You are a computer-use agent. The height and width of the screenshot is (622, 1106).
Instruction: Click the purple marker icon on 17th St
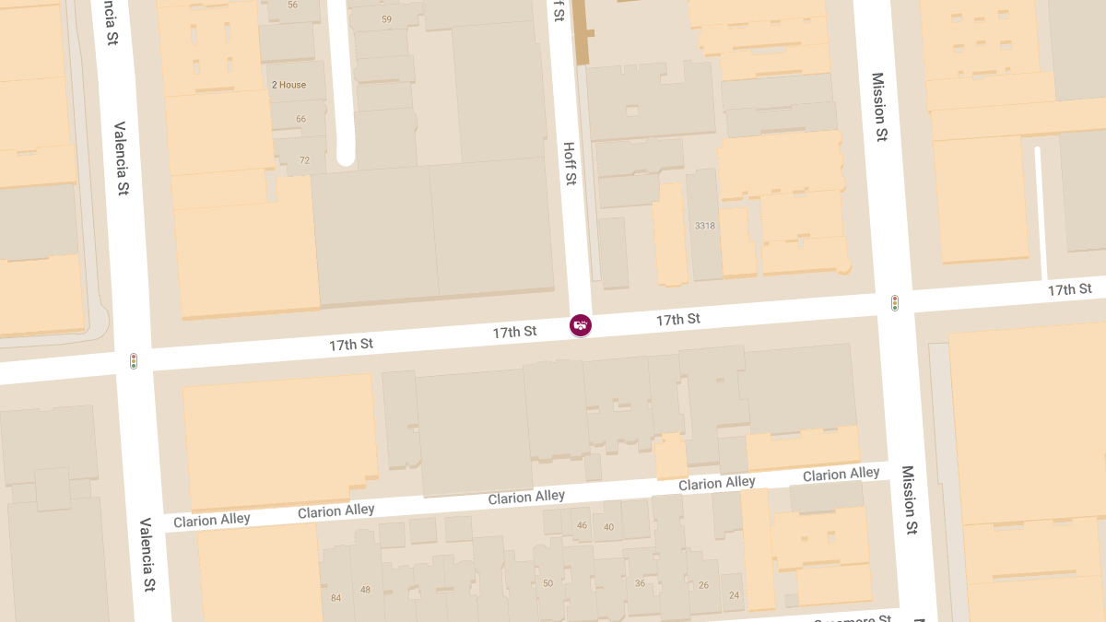tap(580, 324)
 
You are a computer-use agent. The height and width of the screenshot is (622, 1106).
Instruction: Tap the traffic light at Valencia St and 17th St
tap(134, 361)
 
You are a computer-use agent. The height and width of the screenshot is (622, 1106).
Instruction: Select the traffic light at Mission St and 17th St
tap(894, 302)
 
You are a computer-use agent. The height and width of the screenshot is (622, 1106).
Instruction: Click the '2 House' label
tap(288, 85)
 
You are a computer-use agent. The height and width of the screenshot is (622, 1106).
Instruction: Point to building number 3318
tap(705, 226)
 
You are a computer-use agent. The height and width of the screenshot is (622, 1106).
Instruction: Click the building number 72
tap(304, 160)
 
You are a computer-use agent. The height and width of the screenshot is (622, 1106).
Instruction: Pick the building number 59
tap(386, 19)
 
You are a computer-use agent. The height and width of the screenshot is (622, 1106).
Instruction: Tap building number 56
tap(293, 5)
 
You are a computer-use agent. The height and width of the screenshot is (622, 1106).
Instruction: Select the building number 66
tap(300, 119)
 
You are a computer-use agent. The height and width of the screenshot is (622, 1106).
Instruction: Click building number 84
tap(335, 598)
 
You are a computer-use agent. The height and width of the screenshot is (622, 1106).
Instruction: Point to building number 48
tap(365, 590)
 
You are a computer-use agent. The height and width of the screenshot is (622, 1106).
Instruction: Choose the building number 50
tap(548, 583)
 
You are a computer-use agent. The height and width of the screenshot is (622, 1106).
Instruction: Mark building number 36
tap(640, 583)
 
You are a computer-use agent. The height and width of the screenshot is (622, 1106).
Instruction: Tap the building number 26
tap(704, 585)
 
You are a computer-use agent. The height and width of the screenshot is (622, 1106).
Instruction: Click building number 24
tap(734, 595)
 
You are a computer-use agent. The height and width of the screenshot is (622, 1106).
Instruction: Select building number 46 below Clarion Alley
tap(582, 525)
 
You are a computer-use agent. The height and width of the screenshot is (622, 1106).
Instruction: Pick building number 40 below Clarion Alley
tap(608, 527)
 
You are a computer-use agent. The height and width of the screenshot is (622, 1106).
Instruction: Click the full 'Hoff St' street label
tap(570, 163)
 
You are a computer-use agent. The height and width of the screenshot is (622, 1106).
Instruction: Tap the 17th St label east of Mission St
tap(1069, 289)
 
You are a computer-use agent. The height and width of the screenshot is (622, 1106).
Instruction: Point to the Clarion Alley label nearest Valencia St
tap(212, 520)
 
